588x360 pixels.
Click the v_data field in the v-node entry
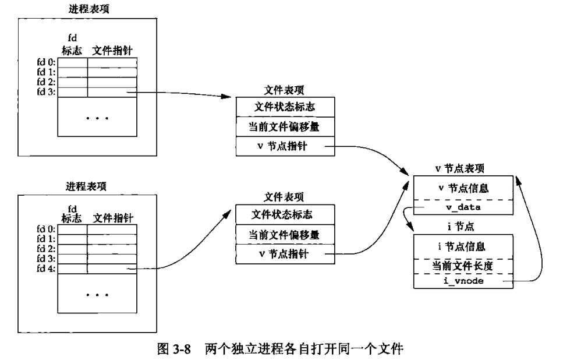pos(463,207)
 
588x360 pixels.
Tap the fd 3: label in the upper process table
pos(45,91)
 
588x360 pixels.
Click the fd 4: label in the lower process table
pos(45,269)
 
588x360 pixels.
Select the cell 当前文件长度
pos(463,266)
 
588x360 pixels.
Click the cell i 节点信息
pos(463,246)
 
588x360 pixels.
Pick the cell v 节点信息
pos(463,188)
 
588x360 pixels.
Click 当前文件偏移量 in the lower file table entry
pos(285,235)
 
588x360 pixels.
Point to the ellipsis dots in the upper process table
pos(97,118)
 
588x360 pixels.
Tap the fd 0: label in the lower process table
pos(45,229)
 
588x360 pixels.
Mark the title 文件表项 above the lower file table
pos(284,196)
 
